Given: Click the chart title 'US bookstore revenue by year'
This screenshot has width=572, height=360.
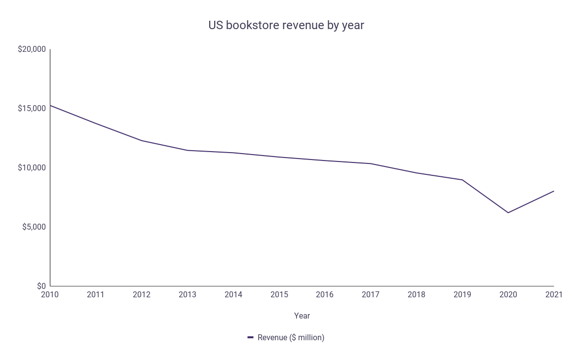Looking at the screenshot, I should (286, 25).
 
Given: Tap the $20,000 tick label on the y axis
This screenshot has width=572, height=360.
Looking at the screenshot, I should (32, 49).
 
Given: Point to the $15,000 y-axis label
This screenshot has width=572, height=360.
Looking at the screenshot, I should (32, 109).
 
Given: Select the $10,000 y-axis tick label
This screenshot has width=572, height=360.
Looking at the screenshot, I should (32, 168).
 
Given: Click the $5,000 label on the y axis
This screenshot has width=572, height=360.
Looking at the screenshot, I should (34, 227).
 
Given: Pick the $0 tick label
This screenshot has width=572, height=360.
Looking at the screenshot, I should (41, 286).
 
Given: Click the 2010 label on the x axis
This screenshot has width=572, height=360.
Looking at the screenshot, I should (50, 295).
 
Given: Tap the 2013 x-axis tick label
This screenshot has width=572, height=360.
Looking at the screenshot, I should (188, 295).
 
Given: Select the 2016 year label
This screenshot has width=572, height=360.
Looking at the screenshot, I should (325, 295).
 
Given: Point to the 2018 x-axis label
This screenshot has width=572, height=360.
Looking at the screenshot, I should (417, 295).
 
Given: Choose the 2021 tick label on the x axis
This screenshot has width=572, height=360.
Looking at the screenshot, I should (554, 295).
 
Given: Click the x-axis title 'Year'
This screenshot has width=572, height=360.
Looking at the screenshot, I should (302, 316).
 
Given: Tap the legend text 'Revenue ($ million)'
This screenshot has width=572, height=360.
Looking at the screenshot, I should (291, 338).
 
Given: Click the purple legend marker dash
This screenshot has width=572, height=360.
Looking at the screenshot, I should (251, 338).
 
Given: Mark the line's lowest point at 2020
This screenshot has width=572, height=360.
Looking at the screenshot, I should (508, 213).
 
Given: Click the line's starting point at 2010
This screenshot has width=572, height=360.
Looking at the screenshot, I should (50, 105).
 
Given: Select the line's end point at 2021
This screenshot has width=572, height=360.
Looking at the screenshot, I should (554, 191).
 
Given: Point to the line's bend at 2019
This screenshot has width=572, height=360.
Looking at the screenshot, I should (462, 180).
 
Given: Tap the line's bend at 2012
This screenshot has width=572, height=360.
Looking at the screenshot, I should (142, 141).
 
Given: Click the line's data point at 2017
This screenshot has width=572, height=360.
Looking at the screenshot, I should (371, 163).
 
